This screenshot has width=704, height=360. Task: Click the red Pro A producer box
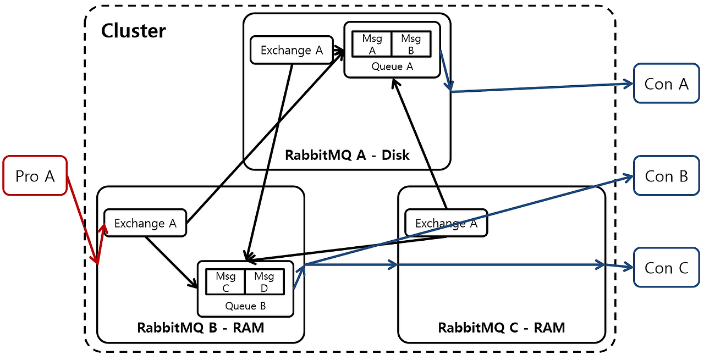click(35, 175)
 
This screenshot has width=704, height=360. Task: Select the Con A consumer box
click(666, 84)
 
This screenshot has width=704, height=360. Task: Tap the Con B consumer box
click(666, 176)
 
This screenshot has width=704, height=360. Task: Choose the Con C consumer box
click(666, 268)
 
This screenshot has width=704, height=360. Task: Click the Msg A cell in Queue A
click(372, 44)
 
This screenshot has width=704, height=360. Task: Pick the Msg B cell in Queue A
click(410, 44)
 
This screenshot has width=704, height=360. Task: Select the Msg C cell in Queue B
click(226, 281)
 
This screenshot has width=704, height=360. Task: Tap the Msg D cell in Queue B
click(264, 281)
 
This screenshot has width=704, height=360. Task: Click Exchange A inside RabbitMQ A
click(291, 50)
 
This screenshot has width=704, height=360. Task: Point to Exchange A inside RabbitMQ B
click(145, 223)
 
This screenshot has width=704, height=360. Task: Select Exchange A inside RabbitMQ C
click(446, 223)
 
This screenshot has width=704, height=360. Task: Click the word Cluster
click(133, 31)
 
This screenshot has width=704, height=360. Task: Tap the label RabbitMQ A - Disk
click(347, 154)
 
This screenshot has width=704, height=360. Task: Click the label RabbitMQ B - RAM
click(200, 328)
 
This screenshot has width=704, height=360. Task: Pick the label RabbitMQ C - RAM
click(501, 328)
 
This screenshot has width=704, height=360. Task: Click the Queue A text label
click(392, 67)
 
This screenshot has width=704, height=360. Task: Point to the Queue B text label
click(245, 306)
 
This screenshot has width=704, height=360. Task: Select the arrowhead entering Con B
click(629, 177)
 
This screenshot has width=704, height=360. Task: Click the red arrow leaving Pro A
click(82, 220)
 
